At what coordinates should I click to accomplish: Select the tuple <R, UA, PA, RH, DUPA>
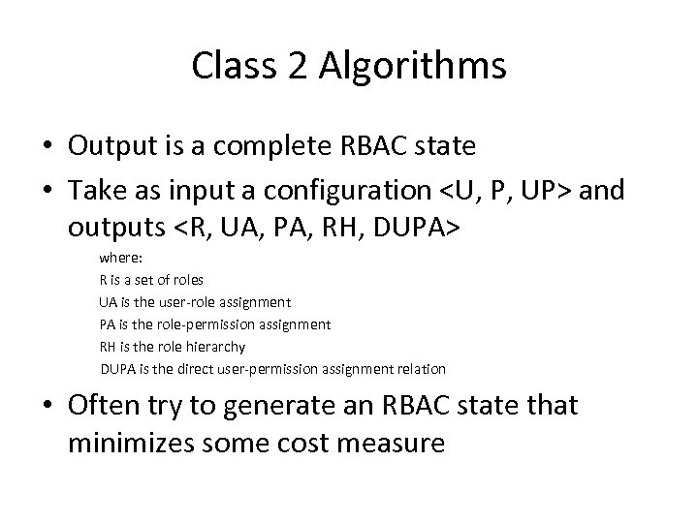(x=321, y=231)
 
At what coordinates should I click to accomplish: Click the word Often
(x=104, y=407)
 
